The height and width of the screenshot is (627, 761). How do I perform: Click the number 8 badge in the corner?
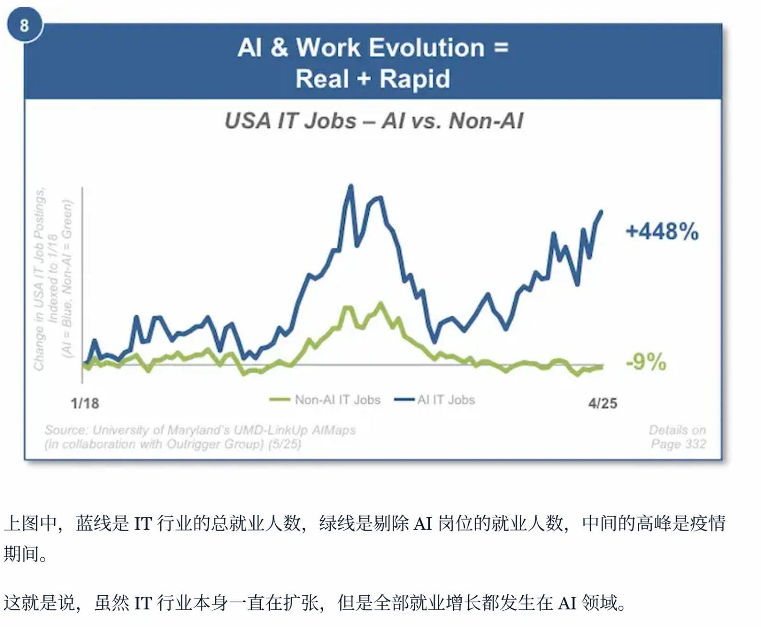pyautogui.click(x=24, y=25)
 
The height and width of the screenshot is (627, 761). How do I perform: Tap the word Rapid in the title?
pyautogui.click(x=415, y=79)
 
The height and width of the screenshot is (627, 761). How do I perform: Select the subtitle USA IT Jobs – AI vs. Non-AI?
pyautogui.click(x=374, y=121)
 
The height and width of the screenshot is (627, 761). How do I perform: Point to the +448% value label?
pyautogui.click(x=662, y=232)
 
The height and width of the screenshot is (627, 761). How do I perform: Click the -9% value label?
pyautogui.click(x=646, y=362)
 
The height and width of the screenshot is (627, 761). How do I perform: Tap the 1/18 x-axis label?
pyautogui.click(x=85, y=403)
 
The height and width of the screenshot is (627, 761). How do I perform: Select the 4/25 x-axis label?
pyautogui.click(x=602, y=403)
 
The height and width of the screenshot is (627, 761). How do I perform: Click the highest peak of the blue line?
pyautogui.click(x=351, y=186)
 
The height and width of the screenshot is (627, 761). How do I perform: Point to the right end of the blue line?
pyautogui.click(x=601, y=212)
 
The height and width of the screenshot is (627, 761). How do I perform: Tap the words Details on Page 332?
pyautogui.click(x=678, y=437)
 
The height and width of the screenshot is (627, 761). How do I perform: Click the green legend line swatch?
pyautogui.click(x=280, y=400)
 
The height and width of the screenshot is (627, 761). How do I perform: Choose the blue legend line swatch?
pyautogui.click(x=404, y=400)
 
